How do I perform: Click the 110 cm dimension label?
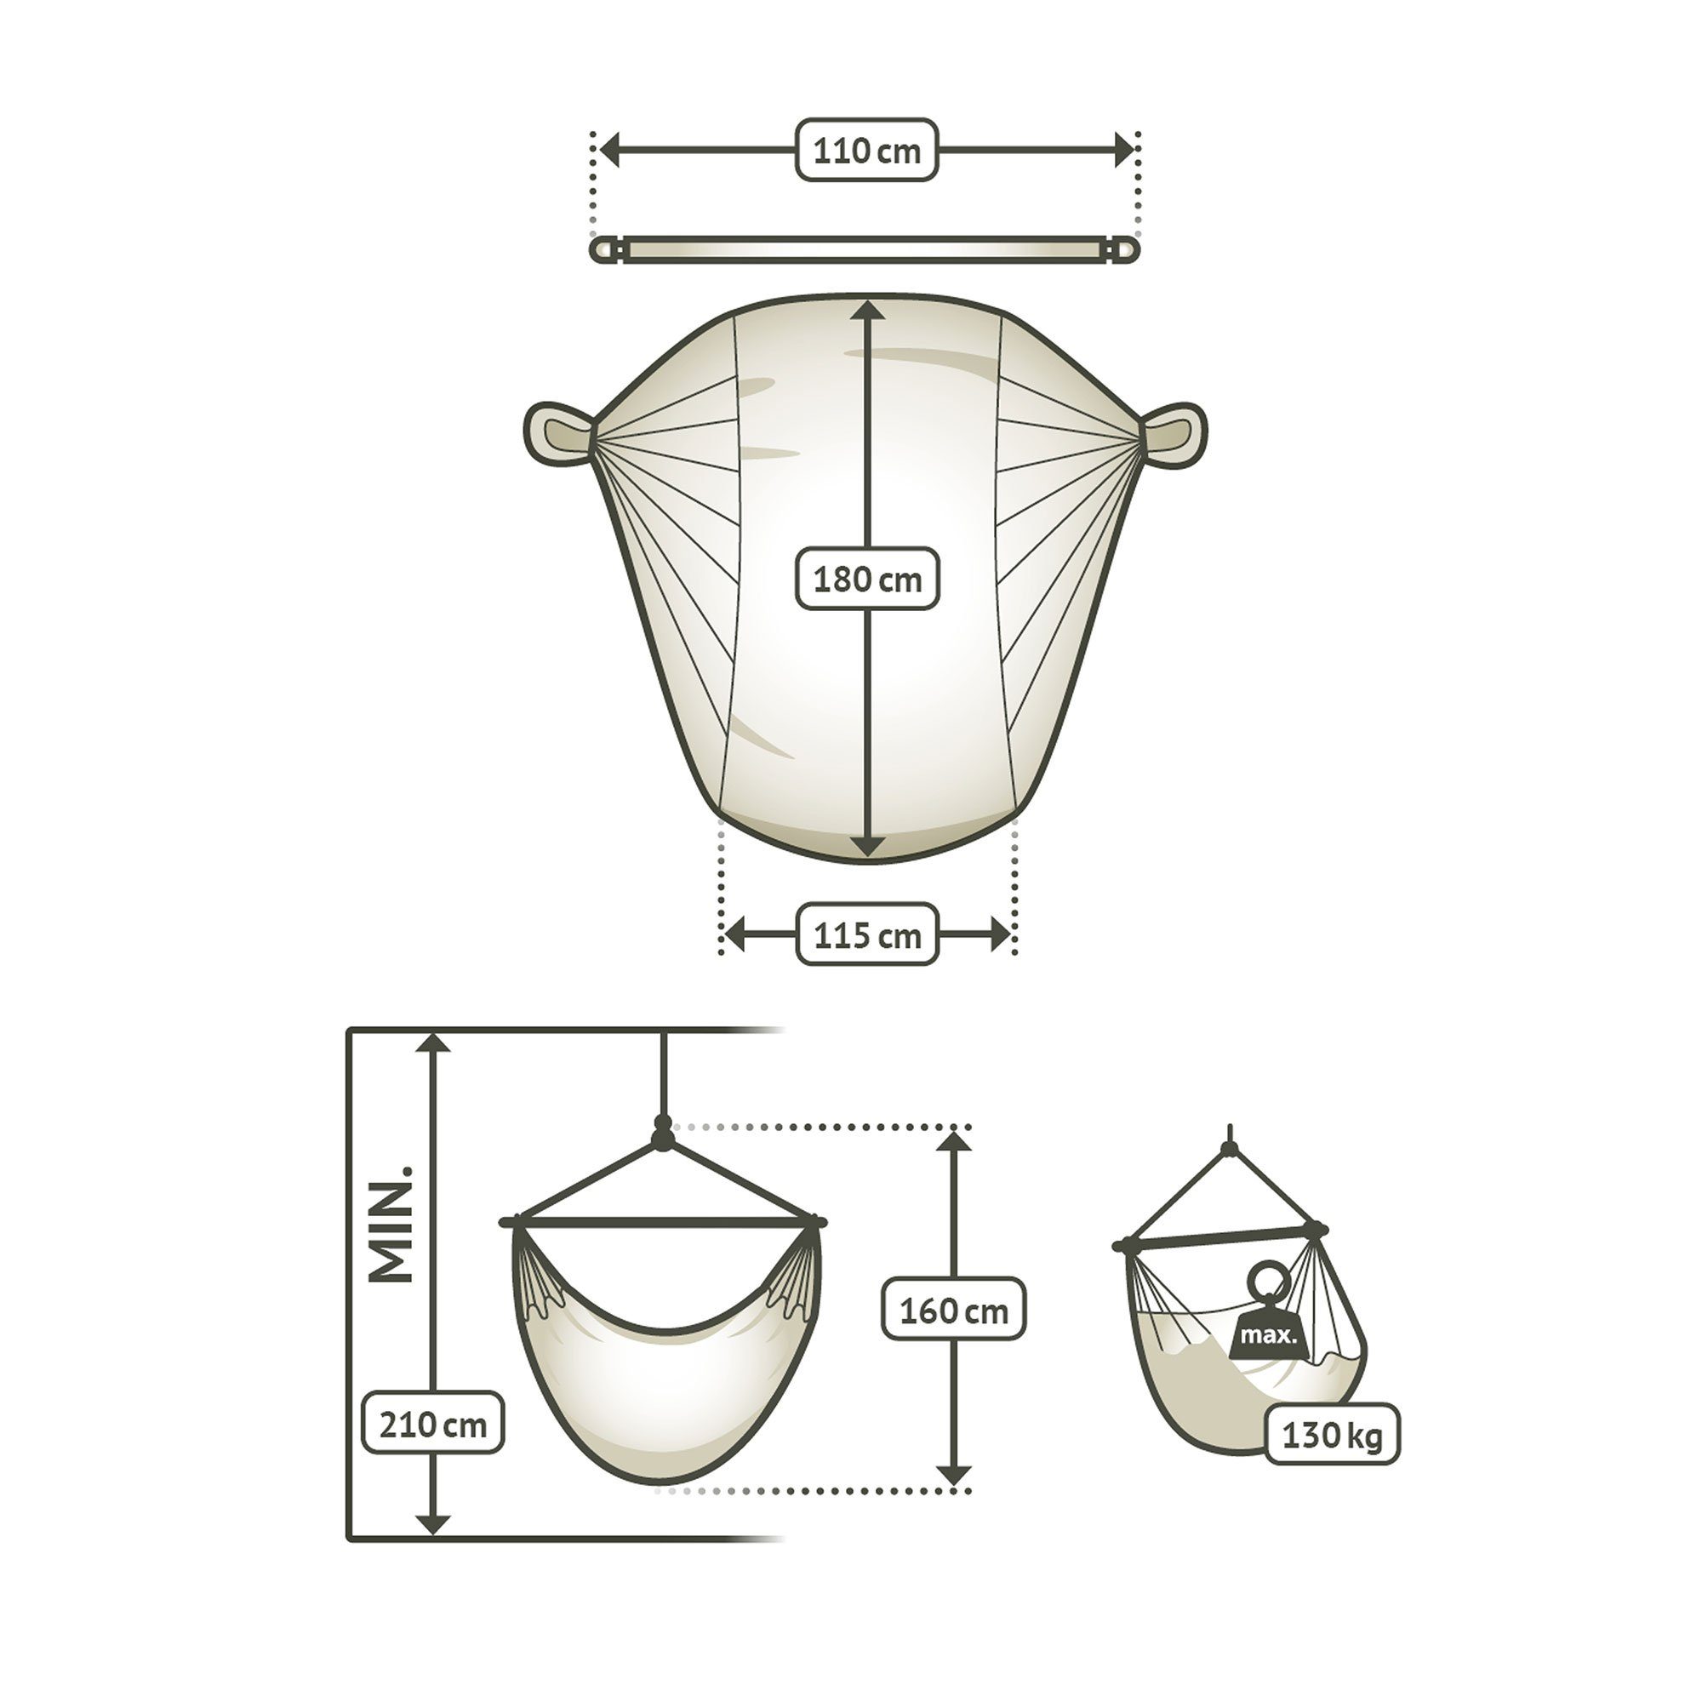coord(867,151)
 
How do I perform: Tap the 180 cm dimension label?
coord(867,579)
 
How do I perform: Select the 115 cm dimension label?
coord(867,934)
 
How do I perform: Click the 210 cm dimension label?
coord(432,1424)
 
